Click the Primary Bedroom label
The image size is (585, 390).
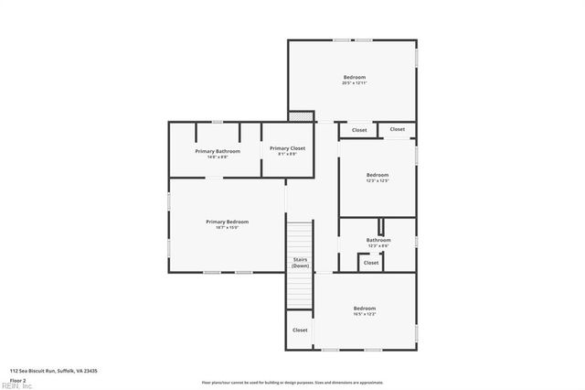(227, 222)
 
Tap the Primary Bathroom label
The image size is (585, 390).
(218, 150)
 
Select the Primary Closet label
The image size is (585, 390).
(287, 147)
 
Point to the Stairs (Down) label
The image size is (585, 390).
(300, 262)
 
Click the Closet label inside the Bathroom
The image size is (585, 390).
(371, 263)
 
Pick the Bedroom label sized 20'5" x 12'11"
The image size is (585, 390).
(355, 77)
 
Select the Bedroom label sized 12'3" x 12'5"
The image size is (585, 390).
(378, 175)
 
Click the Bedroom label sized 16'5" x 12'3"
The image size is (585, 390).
(365, 309)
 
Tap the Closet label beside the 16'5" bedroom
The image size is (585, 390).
(300, 330)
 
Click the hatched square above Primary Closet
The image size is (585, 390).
(300, 116)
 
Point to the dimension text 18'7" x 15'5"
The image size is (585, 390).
(227, 228)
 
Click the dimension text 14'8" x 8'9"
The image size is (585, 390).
(218, 157)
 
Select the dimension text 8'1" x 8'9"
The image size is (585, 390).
(287, 154)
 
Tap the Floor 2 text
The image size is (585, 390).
(17, 379)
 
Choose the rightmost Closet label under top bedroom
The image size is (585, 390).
(397, 129)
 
